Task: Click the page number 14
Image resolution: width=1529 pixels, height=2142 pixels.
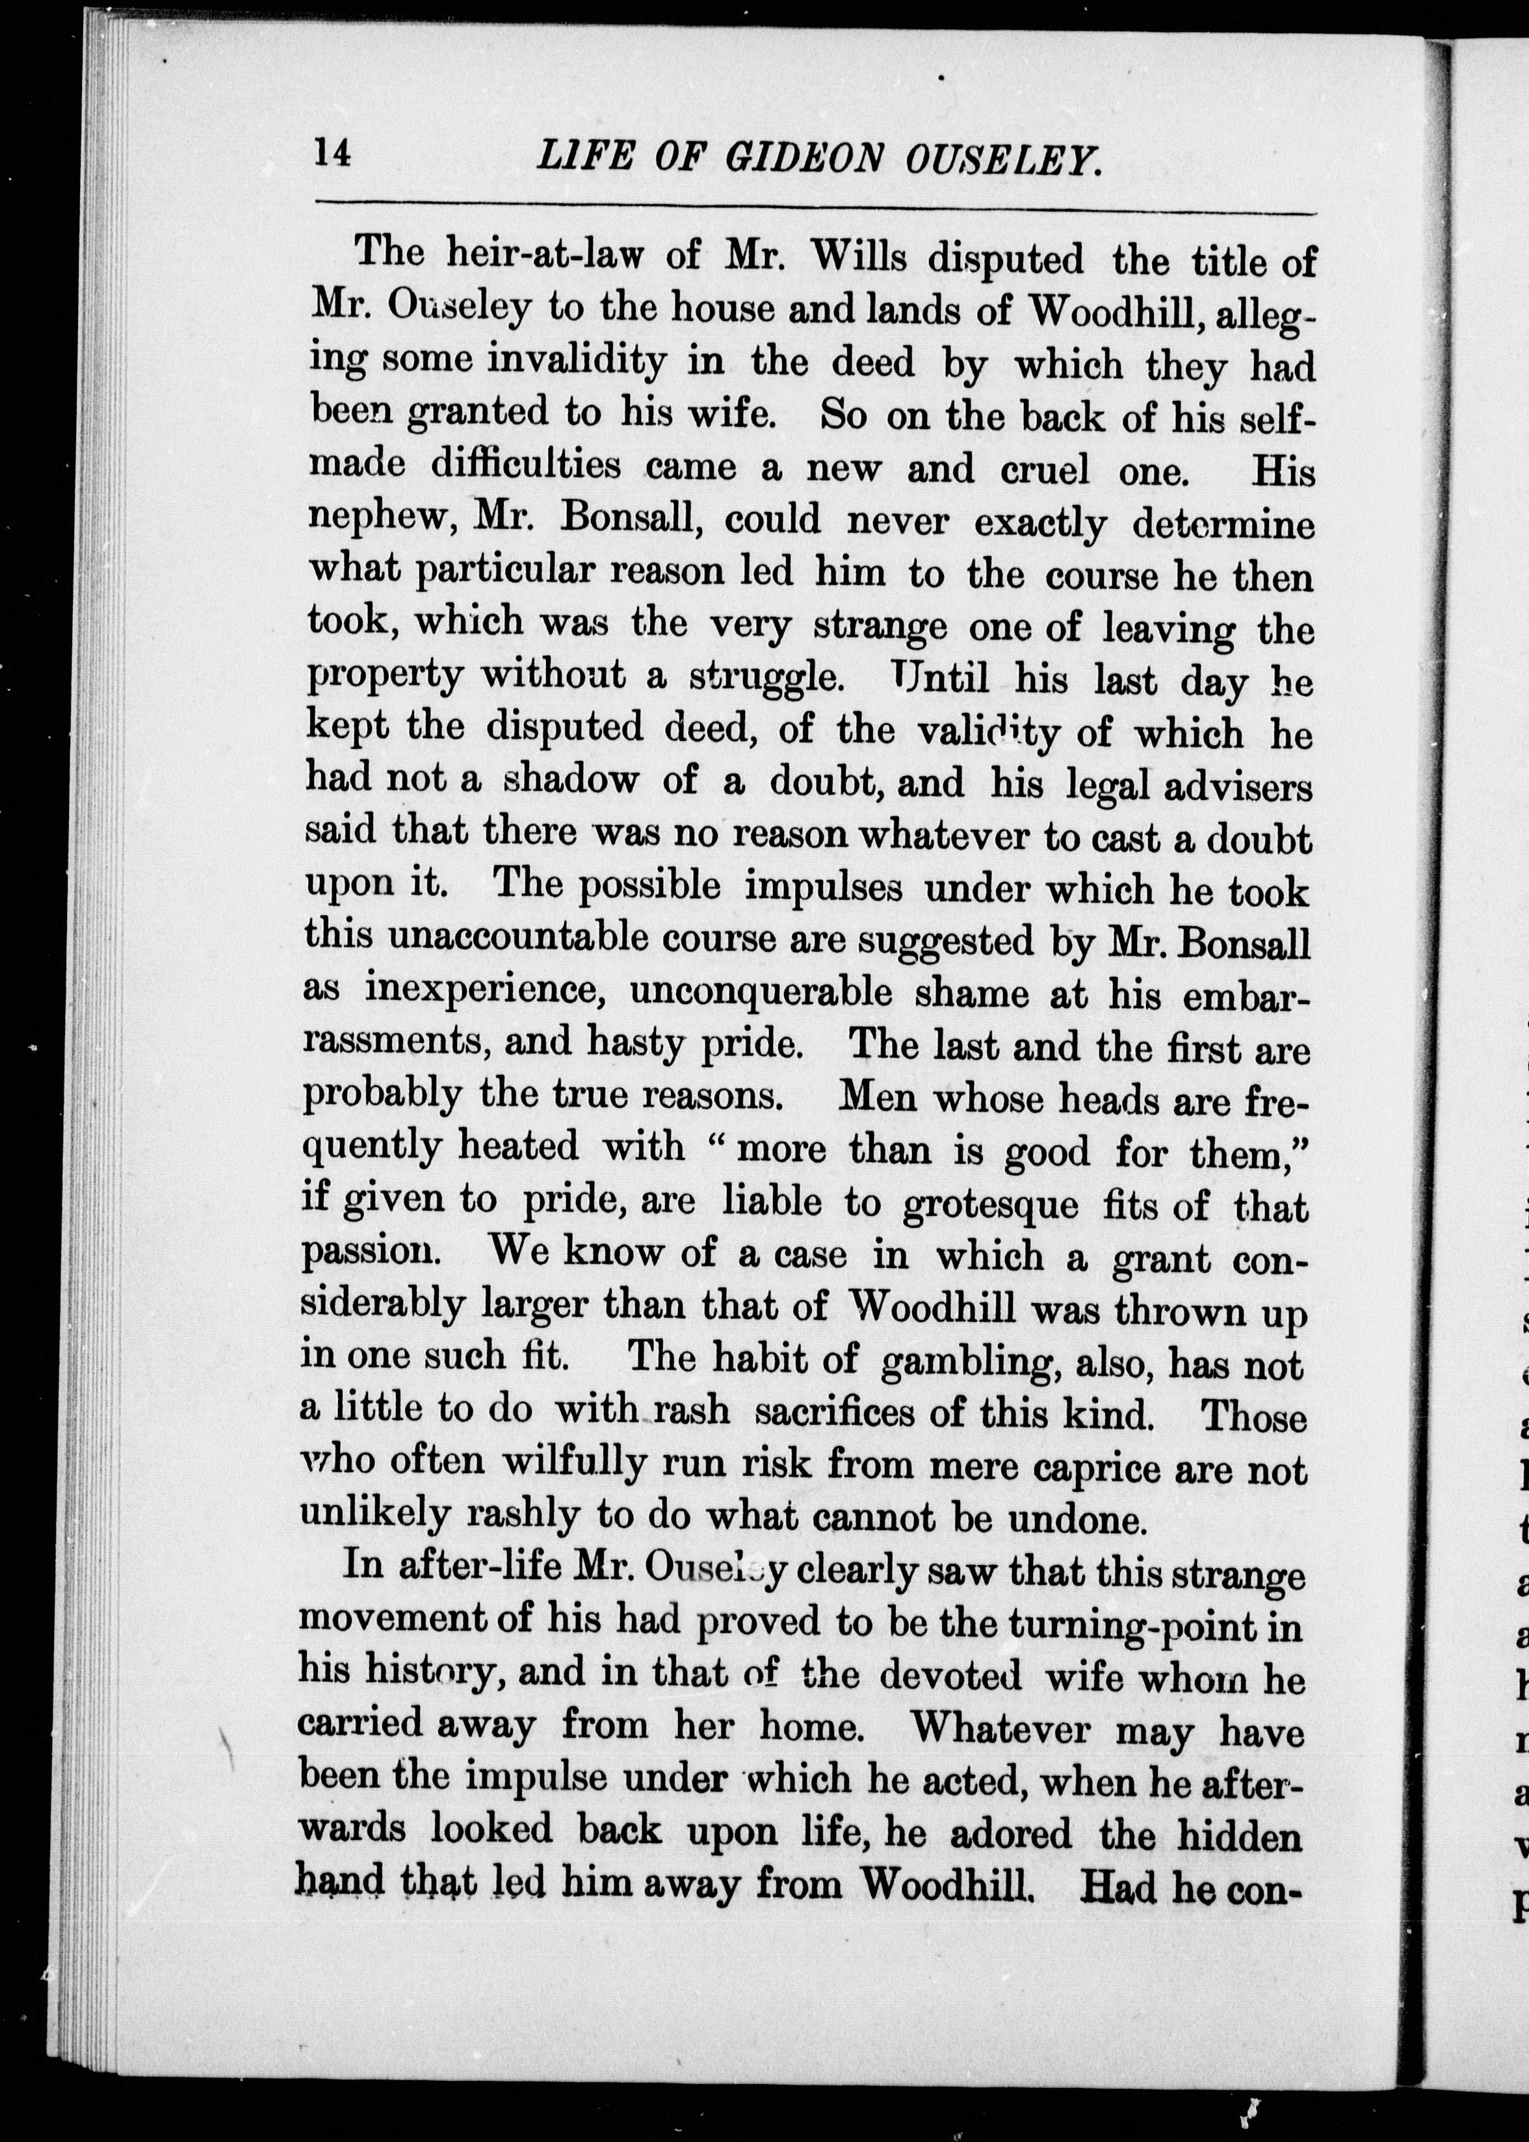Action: (x=332, y=153)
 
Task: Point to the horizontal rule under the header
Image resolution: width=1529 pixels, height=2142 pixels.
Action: (x=815, y=208)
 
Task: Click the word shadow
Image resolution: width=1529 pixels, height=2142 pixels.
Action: (x=569, y=781)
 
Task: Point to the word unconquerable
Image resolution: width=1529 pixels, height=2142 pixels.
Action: (x=761, y=991)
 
